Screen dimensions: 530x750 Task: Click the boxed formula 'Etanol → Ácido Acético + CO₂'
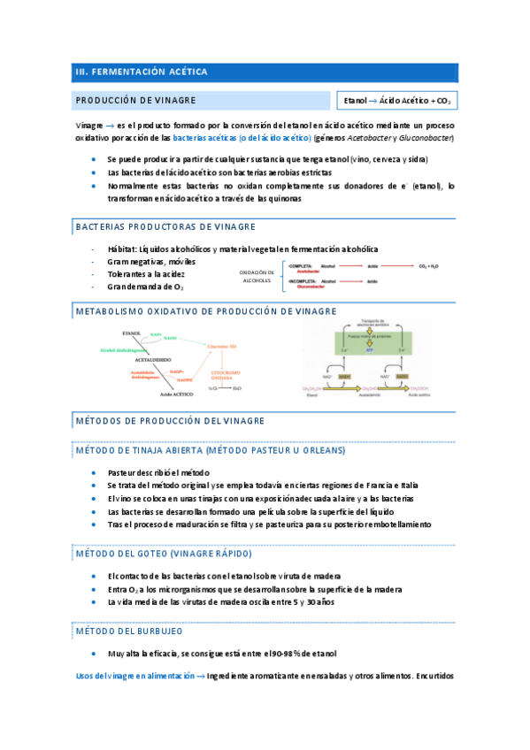tap(396, 102)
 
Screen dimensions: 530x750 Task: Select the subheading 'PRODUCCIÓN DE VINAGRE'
tap(135, 101)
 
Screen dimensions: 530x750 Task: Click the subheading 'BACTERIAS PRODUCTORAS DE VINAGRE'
tap(157, 227)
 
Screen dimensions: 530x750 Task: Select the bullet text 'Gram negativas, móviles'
tap(151, 262)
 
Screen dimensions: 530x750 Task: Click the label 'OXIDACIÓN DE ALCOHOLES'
tap(258, 276)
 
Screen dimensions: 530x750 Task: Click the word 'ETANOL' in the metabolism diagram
tap(132, 333)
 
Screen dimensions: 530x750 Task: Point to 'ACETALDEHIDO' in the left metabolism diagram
tap(153, 361)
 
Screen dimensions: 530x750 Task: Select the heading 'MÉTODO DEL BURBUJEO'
tap(130, 631)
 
